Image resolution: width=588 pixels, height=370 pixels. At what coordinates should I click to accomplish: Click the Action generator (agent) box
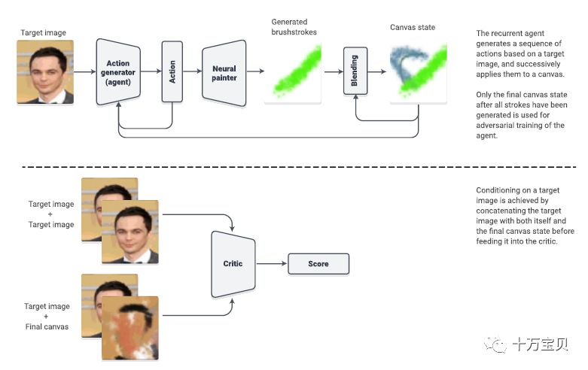point(119,71)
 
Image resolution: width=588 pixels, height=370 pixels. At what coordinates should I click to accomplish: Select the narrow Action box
point(172,72)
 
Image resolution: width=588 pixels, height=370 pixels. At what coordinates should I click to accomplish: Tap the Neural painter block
point(224,72)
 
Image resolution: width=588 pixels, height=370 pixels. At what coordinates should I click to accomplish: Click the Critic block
point(233,264)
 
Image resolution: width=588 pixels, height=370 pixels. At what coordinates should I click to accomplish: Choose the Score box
point(318,264)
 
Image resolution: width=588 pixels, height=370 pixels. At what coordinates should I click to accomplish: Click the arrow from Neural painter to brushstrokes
point(256,72)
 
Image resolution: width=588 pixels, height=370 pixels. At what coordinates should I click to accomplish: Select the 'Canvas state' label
point(413,28)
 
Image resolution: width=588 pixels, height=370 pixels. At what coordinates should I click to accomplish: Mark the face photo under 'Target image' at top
point(45,72)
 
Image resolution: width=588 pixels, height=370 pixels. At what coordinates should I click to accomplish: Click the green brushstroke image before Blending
point(292,72)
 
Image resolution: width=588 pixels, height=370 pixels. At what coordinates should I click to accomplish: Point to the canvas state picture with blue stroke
point(414,72)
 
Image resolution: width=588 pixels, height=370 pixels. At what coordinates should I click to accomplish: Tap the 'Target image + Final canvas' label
point(47,317)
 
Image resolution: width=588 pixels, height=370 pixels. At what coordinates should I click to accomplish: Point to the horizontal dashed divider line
point(294,166)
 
